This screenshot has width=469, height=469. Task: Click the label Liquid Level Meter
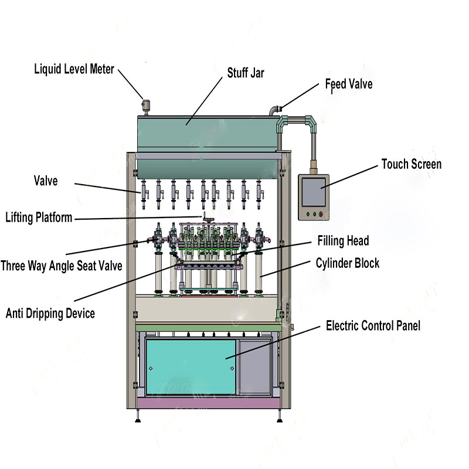pyautogui.click(x=74, y=69)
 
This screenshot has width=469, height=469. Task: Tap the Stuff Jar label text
pyautogui.click(x=246, y=73)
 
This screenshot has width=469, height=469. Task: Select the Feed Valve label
pyautogui.click(x=349, y=84)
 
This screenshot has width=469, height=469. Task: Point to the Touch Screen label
pyautogui.click(x=411, y=164)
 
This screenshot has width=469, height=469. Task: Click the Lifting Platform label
pyautogui.click(x=39, y=217)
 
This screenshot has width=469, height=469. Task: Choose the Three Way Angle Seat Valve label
pyautogui.click(x=62, y=266)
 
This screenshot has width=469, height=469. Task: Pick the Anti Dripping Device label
pyautogui.click(x=50, y=313)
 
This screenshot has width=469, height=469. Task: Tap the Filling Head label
pyautogui.click(x=344, y=240)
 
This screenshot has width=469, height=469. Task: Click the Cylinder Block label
pyautogui.click(x=348, y=263)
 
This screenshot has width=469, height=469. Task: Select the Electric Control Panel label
pyautogui.click(x=373, y=325)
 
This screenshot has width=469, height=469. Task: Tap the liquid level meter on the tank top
pyautogui.click(x=146, y=106)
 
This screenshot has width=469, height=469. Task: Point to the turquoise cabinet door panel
pyautogui.click(x=191, y=366)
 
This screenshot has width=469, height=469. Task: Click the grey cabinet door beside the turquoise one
pyautogui.click(x=253, y=366)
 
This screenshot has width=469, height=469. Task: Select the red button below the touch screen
pyautogui.click(x=321, y=214)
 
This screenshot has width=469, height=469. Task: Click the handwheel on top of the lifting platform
pyautogui.click(x=206, y=219)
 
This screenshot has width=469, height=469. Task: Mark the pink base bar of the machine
pyautogui.click(x=205, y=404)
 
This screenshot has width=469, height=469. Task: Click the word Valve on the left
pyautogui.click(x=46, y=181)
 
